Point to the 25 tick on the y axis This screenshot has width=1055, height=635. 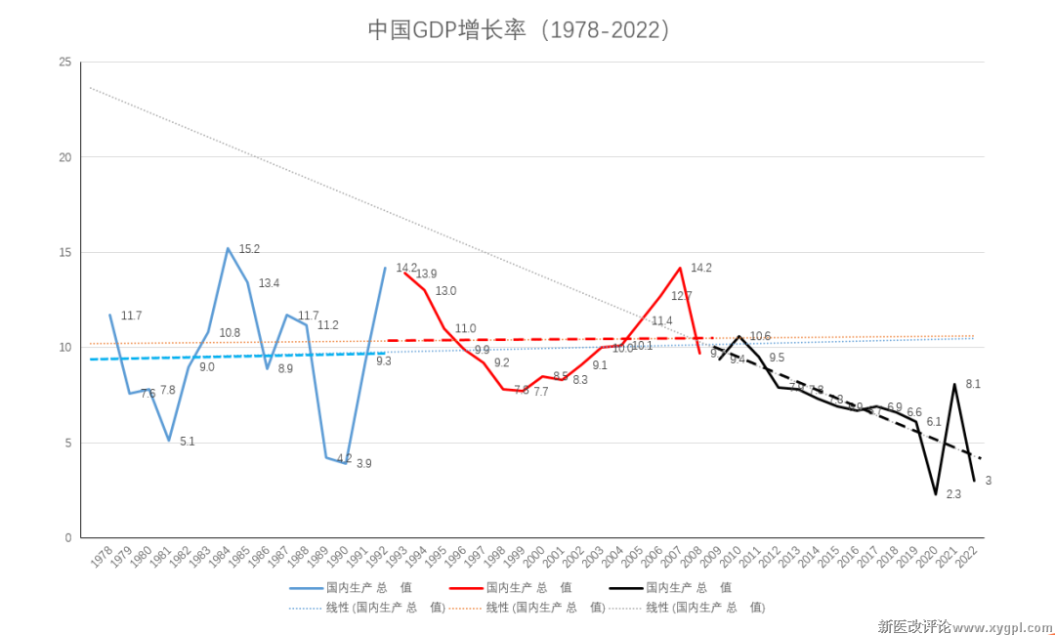coord(65,63)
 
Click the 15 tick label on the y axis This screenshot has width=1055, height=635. coord(65,253)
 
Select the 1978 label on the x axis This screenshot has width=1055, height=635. coord(101,558)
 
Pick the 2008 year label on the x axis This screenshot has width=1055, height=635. coord(693,558)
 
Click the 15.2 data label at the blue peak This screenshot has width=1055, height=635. coord(249,249)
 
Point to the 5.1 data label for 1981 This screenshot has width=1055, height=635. coord(187,442)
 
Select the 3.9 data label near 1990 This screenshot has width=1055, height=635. coord(363,464)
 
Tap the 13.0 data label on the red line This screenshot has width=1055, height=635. coord(445,291)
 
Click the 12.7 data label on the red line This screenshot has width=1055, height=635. coord(681,296)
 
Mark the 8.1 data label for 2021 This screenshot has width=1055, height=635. coord(972,384)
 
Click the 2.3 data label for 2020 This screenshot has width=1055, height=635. coord(953,494)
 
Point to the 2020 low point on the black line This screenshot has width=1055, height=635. coord(935,494)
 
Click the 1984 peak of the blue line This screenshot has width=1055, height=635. coord(228,248)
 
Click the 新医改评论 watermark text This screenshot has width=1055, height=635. coord(913,626)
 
